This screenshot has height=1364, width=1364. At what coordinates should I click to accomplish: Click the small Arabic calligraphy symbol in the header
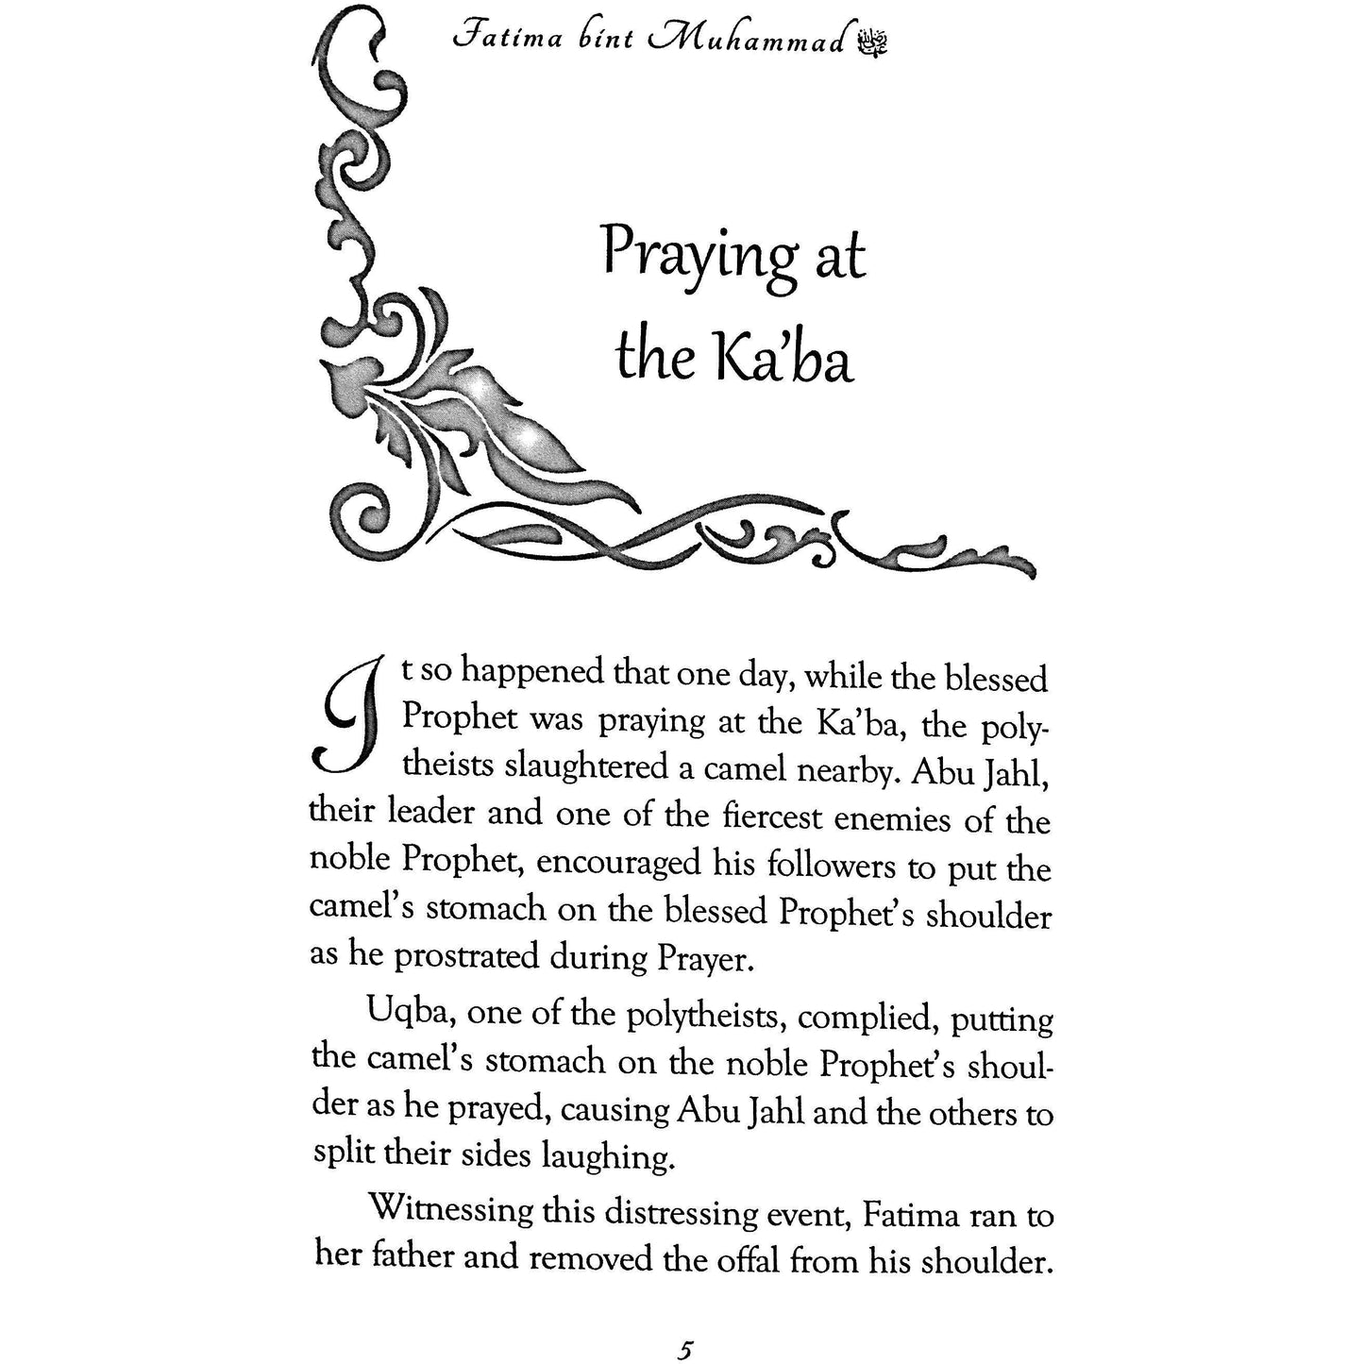click(872, 42)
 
